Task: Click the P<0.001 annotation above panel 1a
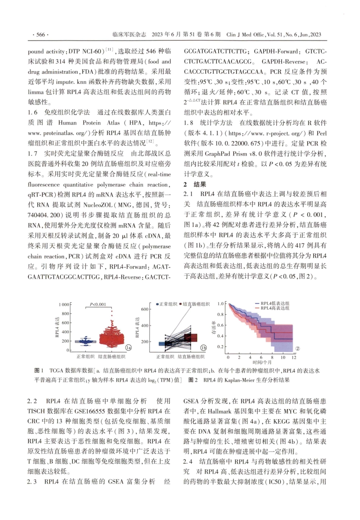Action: point(98,305)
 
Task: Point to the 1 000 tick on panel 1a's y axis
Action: point(64,305)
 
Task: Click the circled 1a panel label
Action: point(128,347)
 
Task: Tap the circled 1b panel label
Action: point(203,347)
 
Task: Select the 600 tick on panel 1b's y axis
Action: point(145,309)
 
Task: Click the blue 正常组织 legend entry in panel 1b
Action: point(167,304)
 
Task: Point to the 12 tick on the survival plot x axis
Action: point(294,357)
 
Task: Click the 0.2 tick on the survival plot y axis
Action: point(221,346)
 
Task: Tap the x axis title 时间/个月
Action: point(262,362)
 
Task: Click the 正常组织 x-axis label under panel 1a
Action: point(86,357)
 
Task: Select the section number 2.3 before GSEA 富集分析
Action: point(32,482)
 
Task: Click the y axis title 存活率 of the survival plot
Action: point(214,327)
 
